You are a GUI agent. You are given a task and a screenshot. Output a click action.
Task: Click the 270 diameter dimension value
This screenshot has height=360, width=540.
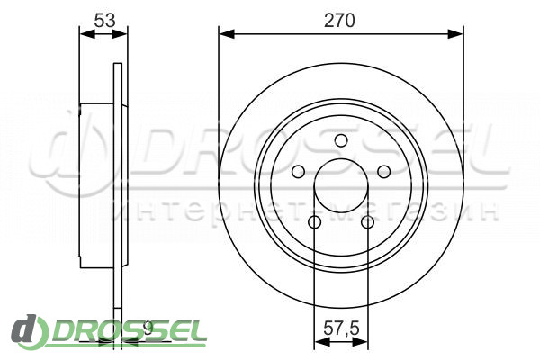pos(339,21)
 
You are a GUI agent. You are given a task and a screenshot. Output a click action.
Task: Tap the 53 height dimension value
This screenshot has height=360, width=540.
pos(104,21)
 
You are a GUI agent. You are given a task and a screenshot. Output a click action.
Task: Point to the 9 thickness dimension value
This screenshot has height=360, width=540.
pos(148,328)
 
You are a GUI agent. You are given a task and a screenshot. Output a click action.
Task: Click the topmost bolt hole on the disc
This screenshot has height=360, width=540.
pos(341,140)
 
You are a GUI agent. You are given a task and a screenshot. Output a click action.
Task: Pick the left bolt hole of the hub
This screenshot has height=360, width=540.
pos(298,172)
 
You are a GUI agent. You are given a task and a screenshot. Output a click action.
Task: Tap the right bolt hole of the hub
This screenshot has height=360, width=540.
pos(384,172)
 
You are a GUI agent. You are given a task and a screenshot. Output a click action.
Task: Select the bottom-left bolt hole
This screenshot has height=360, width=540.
pos(315,222)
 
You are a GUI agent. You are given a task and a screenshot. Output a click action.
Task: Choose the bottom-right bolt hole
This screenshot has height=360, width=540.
pos(368,222)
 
